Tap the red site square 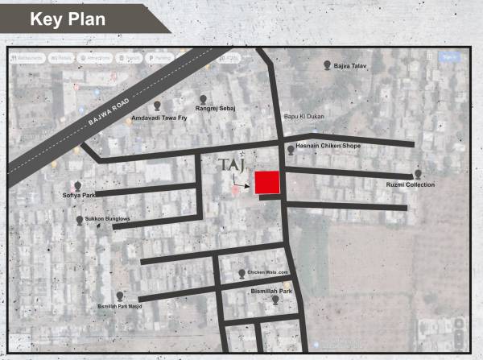[x=267, y=183]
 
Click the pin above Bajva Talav [x=326, y=64]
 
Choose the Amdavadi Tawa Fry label [x=157, y=118]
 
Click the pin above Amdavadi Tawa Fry [x=157, y=105]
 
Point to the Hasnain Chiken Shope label [x=328, y=146]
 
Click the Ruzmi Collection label [x=411, y=185]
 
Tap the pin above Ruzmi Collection [x=418, y=174]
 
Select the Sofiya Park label [x=79, y=195]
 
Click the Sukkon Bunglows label [x=108, y=219]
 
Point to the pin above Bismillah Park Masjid [x=120, y=296]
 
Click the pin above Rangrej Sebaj [x=204, y=98]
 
